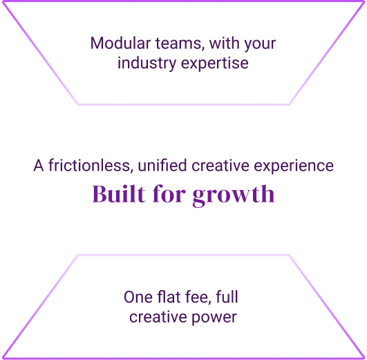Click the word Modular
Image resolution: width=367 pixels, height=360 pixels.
[x=120, y=44]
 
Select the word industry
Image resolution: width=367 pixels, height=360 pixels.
[x=147, y=64]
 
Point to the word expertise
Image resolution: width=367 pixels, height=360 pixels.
[x=215, y=64]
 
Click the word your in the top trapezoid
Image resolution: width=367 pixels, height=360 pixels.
[x=259, y=45]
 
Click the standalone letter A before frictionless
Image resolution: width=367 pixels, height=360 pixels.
[x=39, y=165]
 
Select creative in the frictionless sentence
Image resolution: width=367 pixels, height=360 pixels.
[x=220, y=165]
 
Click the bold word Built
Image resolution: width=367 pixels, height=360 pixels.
[x=119, y=193]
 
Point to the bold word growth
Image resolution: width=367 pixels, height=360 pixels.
[x=234, y=195]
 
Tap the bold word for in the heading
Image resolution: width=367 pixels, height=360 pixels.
[x=169, y=193]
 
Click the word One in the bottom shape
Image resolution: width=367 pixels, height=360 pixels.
[x=138, y=297]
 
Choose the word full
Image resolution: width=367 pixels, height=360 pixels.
[x=227, y=297]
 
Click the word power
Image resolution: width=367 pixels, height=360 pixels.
[x=214, y=318]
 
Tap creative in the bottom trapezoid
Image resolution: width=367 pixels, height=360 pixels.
[x=158, y=317]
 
